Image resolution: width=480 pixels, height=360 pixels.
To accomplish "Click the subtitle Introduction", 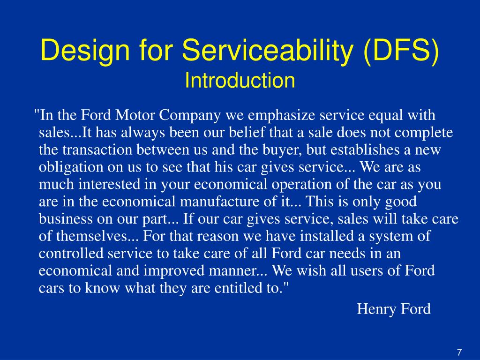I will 240,81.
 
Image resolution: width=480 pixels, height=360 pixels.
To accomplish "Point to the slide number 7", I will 459,352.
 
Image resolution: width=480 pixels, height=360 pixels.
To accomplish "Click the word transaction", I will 96,150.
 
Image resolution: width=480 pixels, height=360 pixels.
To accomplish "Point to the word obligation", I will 71,167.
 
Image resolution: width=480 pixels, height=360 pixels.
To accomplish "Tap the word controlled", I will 71,254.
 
